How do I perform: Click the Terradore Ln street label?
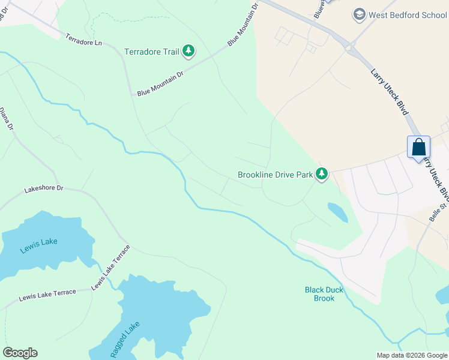84,40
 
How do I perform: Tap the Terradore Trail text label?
152,52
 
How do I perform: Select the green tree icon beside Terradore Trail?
188,51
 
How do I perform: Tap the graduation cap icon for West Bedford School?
360,14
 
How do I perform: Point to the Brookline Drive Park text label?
276,175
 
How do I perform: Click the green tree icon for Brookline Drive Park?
322,174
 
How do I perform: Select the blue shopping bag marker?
418,148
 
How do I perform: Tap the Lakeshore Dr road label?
43,188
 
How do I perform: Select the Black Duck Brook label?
324,294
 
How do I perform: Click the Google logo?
20,353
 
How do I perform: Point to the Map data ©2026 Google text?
411,355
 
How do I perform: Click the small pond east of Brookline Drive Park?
337,211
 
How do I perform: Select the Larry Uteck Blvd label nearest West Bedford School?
390,92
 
